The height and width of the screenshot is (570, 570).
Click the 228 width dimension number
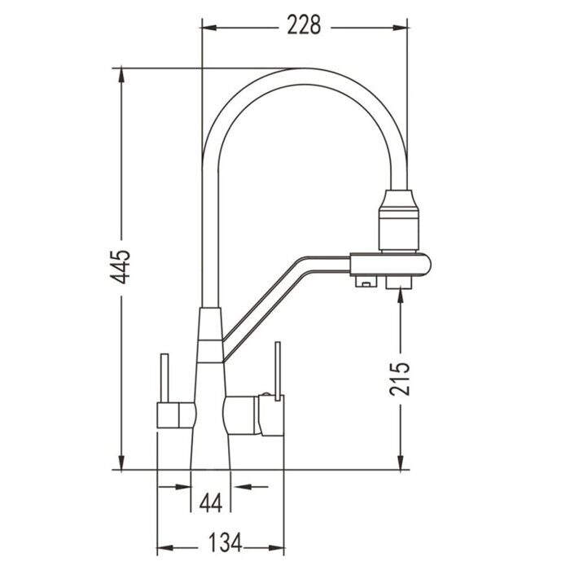tap(302, 26)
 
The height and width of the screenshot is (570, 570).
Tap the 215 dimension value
tap(400, 376)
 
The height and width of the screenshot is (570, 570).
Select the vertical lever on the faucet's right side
tap(276, 370)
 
